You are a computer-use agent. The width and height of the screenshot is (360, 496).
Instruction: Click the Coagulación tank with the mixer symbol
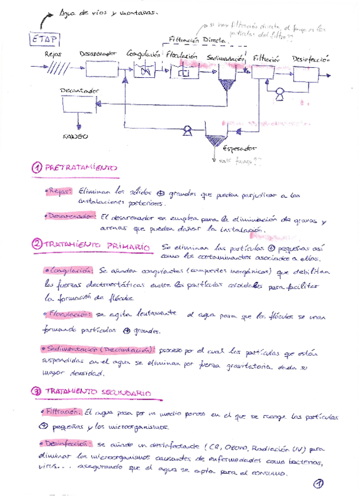[x=143, y=71]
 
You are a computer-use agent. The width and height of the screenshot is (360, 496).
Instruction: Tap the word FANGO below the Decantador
[x=76, y=136]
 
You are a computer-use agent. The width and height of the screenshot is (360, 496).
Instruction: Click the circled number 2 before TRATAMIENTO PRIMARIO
[x=36, y=244]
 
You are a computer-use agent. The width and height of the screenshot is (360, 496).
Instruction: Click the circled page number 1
[x=319, y=483]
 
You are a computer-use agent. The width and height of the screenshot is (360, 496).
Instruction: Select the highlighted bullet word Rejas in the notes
[x=60, y=191]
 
